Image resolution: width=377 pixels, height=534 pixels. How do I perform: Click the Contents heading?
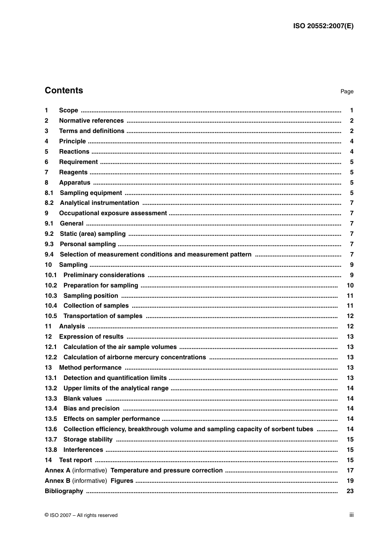click(64, 91)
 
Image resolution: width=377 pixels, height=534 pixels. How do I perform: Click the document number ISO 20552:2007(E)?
click(323, 26)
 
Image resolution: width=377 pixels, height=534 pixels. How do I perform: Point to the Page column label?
click(346, 92)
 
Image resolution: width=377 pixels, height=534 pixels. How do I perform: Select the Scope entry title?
click(68, 110)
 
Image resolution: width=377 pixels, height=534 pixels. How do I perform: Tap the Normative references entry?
click(91, 121)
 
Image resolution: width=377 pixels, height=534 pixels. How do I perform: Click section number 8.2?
click(49, 203)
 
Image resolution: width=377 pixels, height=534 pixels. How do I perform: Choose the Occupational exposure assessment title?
click(113, 213)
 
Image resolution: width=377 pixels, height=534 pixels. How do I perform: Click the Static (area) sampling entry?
click(92, 234)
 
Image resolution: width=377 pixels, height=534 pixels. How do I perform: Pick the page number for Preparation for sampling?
click(350, 285)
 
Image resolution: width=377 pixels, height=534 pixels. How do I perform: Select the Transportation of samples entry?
click(103, 316)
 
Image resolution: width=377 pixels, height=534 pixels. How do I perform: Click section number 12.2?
click(51, 357)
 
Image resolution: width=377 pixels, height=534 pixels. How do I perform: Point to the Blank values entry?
click(83, 399)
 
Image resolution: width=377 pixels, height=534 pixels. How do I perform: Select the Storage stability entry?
click(88, 440)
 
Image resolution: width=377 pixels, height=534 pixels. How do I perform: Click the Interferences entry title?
click(83, 450)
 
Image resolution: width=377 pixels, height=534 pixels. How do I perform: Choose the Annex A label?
click(58, 470)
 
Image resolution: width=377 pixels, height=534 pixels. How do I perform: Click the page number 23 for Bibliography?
click(350, 491)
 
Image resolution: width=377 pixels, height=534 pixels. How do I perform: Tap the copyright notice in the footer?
click(81, 515)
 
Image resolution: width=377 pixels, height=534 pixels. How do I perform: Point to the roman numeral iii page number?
click(351, 515)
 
